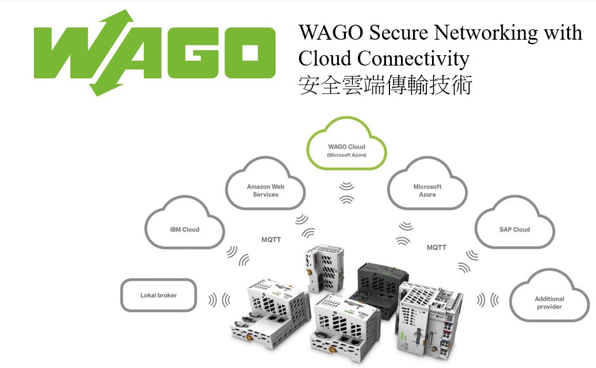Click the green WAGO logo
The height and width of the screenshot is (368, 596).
tap(154, 53)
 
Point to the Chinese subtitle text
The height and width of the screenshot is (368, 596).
tap(385, 85)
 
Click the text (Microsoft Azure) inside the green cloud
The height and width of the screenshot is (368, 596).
tap(347, 155)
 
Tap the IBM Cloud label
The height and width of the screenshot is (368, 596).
tap(185, 229)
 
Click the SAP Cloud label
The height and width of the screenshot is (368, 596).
tap(515, 229)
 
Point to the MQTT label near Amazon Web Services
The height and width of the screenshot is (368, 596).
tap(271, 240)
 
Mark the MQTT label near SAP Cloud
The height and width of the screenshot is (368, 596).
tap(436, 247)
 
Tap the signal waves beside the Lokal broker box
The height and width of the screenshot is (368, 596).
tap(219, 300)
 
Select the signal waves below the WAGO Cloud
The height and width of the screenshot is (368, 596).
tap(347, 193)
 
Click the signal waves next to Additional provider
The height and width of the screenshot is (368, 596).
tap(488, 300)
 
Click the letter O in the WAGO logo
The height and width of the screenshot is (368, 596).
tap(250, 53)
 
